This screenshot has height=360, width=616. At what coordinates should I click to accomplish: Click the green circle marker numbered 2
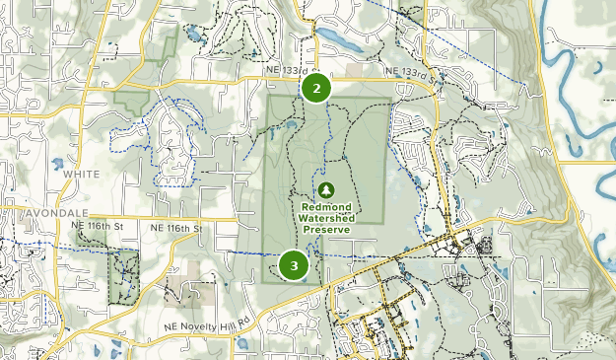point(315,88)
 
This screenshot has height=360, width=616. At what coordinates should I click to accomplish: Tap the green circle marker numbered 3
point(294,264)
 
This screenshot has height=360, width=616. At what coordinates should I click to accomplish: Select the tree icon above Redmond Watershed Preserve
point(325,189)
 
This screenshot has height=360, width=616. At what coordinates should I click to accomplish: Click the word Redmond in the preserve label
point(325,207)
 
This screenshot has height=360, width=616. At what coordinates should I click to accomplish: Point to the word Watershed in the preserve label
point(325,218)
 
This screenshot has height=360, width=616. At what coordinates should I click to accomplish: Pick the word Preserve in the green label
point(326,229)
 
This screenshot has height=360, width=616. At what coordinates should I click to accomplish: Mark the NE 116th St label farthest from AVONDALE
point(175,228)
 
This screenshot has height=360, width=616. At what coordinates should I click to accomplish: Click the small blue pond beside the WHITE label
point(56,163)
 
